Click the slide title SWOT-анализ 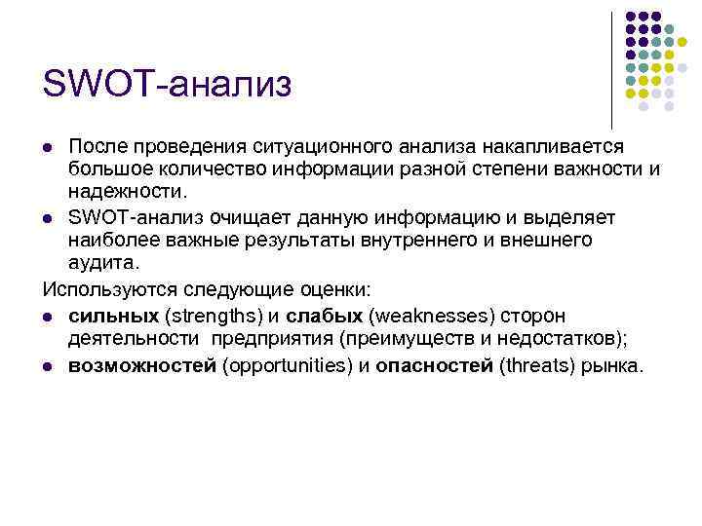click(167, 84)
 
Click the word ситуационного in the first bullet click(314, 146)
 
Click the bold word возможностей click(142, 366)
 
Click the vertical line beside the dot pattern click(611, 68)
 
